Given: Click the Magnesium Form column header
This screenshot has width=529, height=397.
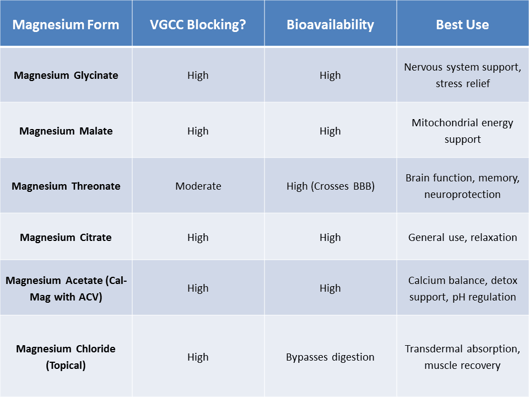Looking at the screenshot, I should tap(66, 25).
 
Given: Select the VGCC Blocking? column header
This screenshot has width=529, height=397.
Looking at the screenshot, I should tap(198, 25).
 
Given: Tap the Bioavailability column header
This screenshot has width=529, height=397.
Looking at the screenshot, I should tap(330, 25).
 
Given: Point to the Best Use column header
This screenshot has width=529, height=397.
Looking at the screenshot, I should tap(462, 25).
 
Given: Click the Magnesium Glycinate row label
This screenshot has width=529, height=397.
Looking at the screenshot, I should tap(66, 76).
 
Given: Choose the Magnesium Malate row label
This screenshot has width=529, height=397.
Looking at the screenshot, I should tap(66, 131).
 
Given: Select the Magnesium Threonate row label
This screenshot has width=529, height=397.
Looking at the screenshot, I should tap(66, 186).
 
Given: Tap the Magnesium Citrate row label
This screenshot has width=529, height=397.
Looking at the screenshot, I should tap(66, 238).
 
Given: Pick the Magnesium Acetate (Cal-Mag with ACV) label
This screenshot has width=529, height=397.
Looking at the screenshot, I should tap(66, 288).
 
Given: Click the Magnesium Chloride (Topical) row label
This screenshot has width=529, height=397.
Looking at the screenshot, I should tap(66, 357).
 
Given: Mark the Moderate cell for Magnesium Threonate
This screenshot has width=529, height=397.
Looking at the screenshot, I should tap(198, 186).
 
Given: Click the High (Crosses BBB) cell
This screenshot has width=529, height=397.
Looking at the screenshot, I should tap(330, 186).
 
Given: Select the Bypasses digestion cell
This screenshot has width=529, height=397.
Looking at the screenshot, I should tap(330, 357).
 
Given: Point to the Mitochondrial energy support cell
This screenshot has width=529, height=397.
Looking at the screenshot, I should tap(462, 131).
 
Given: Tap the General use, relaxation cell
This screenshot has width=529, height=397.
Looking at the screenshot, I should tap(462, 238).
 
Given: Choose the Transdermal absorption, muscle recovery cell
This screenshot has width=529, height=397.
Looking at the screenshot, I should tap(462, 357).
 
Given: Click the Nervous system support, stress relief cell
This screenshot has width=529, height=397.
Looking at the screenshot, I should tap(462, 76).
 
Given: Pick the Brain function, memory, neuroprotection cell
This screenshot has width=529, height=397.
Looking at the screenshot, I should tap(462, 186).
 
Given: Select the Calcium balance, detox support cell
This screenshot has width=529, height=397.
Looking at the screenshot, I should tap(462, 288).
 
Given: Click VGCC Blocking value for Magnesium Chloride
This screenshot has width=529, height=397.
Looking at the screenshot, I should tap(198, 357).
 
